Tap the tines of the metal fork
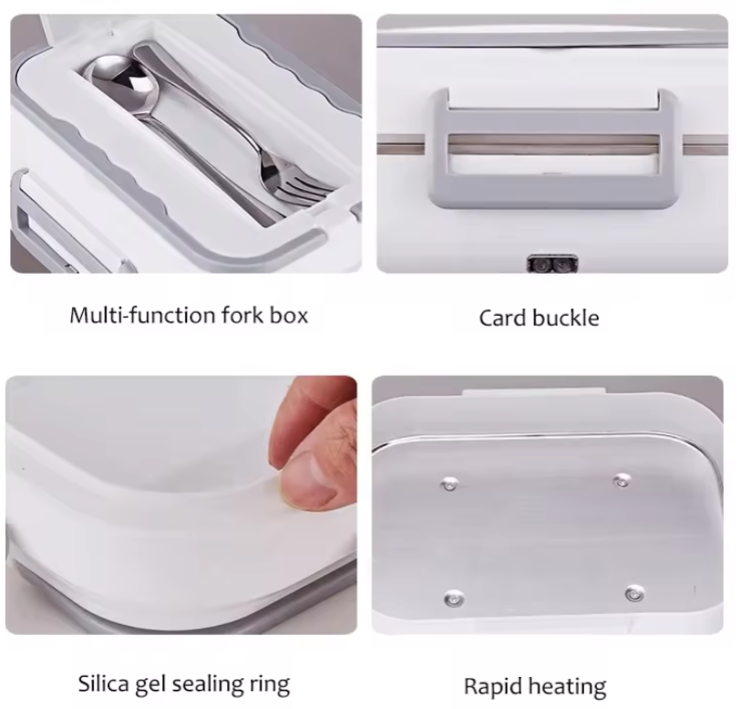(306, 191)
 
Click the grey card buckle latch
(552, 149)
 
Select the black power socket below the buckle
(552, 265)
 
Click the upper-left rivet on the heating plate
(449, 485)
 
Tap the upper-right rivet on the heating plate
(622, 481)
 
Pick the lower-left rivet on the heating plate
(454, 599)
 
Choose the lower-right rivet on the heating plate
(634, 593)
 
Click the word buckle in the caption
(565, 318)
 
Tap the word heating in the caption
(567, 687)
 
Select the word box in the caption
(289, 315)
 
